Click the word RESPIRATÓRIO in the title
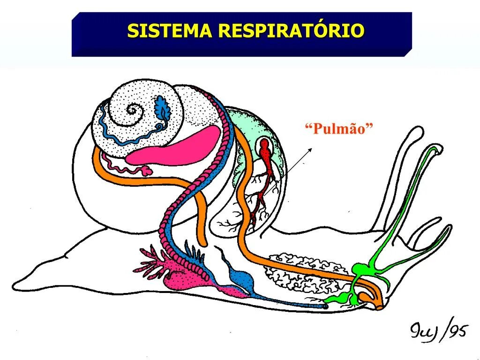pyautogui.click(x=291, y=31)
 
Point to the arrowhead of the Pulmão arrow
pyautogui.click(x=311, y=149)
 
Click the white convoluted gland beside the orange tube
pyautogui.click(x=305, y=272)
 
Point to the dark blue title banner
pyautogui.click(x=241, y=47)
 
